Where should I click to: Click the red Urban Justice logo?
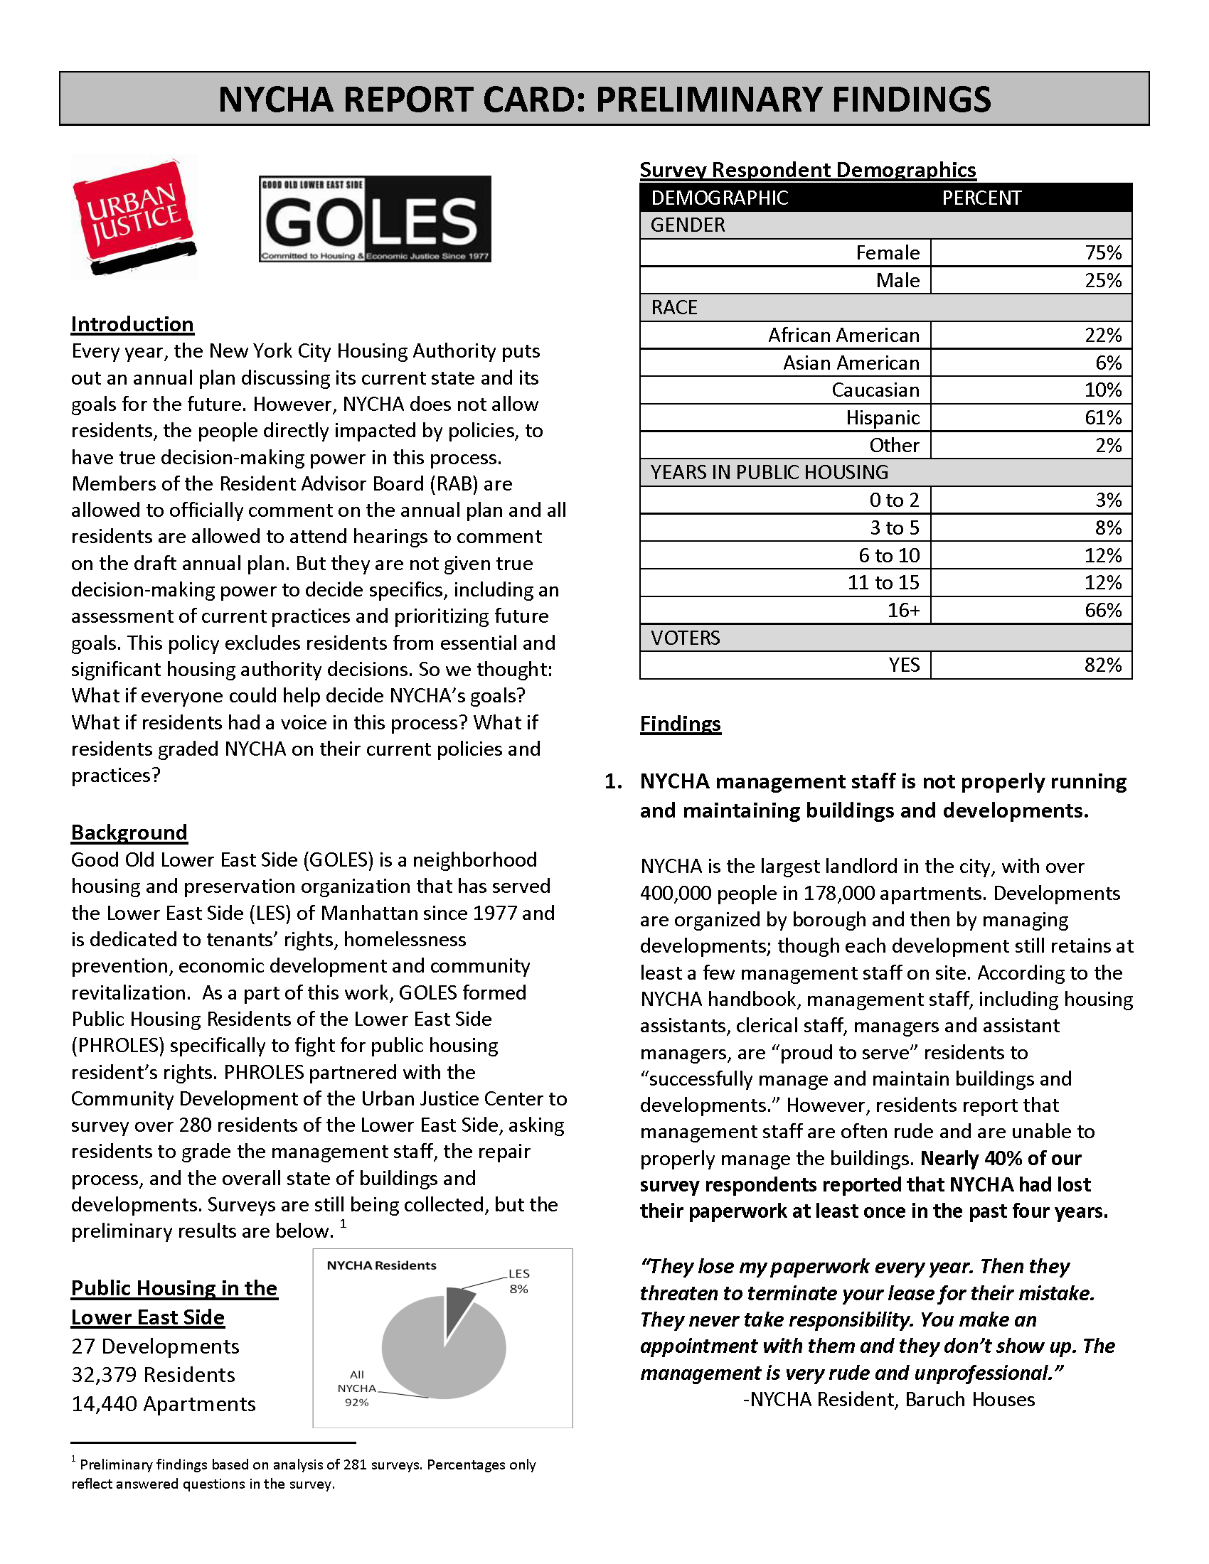point(134,216)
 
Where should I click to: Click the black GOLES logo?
point(375,219)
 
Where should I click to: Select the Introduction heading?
point(132,324)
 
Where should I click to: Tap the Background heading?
point(129,832)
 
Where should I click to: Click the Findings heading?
point(680,723)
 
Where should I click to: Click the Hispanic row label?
point(882,417)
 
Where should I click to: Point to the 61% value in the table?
point(1102,417)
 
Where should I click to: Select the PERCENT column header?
point(981,198)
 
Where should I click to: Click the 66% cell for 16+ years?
point(1102,610)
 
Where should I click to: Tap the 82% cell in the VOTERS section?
point(1102,665)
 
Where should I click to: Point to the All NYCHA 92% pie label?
point(357,1388)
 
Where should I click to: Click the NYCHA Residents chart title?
point(381,1265)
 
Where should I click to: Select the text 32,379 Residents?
point(153,1375)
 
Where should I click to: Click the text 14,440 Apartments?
point(163,1404)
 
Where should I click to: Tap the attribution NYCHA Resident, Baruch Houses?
point(889,1399)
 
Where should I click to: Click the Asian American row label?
point(850,363)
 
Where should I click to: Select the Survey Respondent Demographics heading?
point(807,170)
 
